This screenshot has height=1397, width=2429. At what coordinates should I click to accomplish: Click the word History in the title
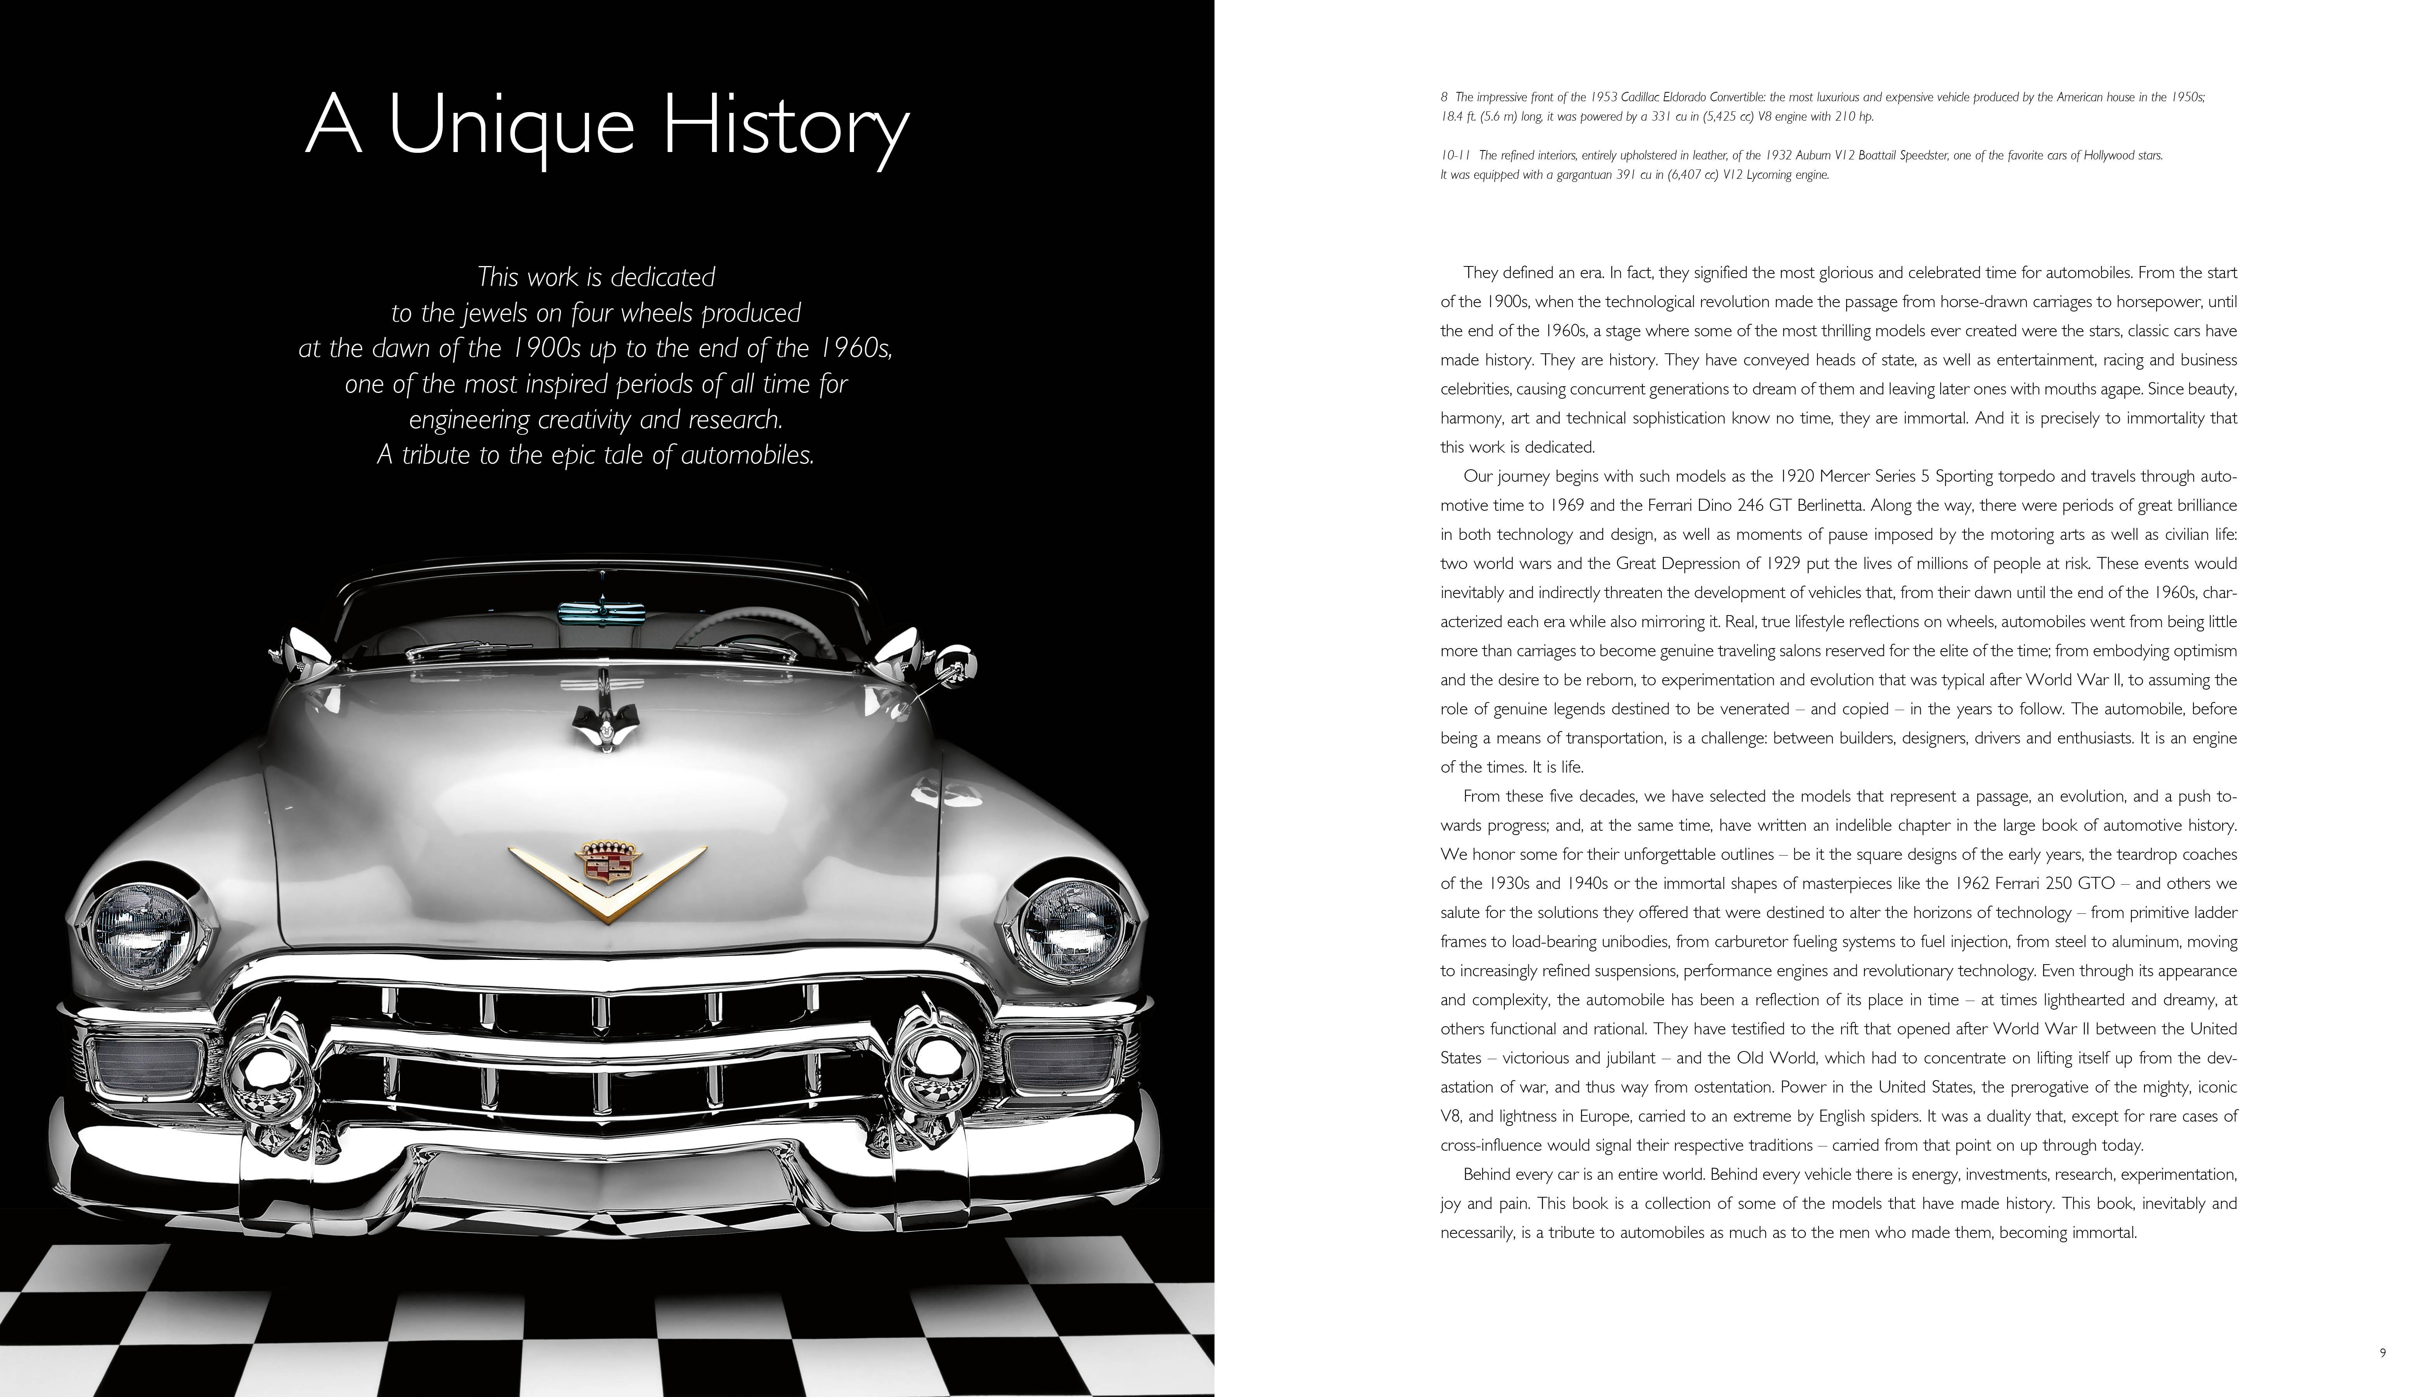(785, 125)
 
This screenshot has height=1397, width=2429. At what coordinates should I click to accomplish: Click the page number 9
(2382, 1353)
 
